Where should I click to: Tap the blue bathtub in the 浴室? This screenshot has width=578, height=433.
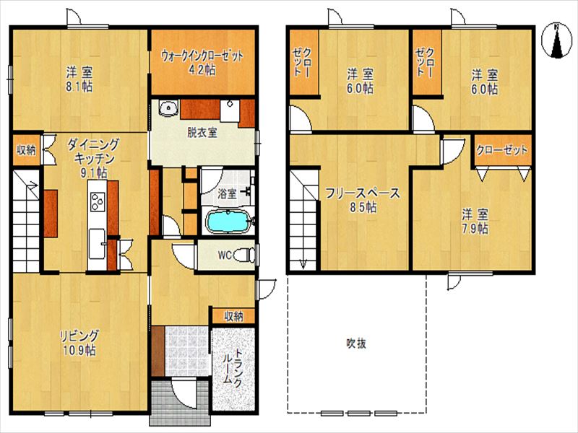pos(228,222)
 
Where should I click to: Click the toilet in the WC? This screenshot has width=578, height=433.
pos(246,254)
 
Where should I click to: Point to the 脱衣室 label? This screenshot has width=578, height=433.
pos(202,132)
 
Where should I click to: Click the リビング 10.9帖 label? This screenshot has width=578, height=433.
pos(79,343)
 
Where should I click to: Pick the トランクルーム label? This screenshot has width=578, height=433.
pos(233,369)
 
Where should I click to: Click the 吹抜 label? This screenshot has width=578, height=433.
pos(355,344)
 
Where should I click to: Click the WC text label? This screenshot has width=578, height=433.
pos(223,254)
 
